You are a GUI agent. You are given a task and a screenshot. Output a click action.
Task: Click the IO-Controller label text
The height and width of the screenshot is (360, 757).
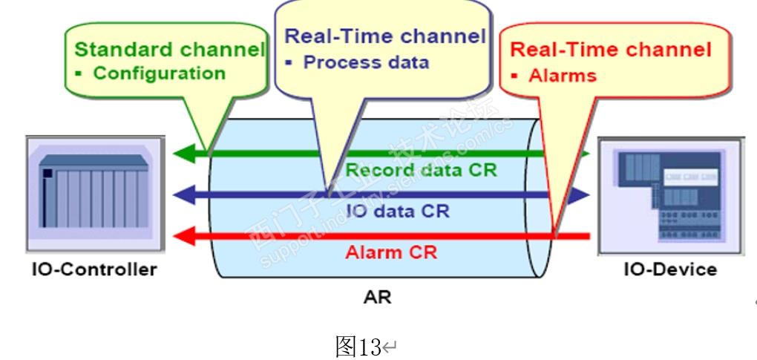[94, 269]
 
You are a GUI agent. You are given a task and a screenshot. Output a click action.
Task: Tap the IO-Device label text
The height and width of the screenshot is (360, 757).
[670, 269]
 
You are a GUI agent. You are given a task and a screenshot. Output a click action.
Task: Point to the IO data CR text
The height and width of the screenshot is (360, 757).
[398, 210]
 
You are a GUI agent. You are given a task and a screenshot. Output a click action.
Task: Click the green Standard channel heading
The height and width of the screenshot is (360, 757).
[170, 50]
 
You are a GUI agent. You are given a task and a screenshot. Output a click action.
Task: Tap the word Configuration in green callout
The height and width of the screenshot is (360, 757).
[160, 73]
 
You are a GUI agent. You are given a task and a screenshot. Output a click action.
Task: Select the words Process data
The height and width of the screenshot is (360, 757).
[366, 62]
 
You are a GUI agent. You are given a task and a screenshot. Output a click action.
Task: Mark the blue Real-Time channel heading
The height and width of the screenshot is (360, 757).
[385, 36]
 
